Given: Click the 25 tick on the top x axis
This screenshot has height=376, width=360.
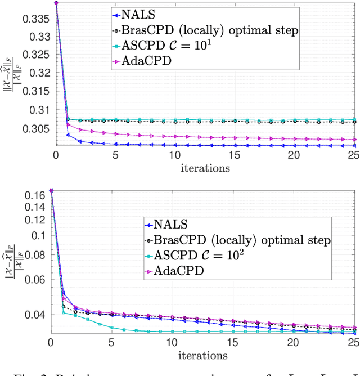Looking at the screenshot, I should (352, 156).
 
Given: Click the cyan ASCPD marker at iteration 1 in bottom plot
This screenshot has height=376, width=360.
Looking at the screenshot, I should (63, 312).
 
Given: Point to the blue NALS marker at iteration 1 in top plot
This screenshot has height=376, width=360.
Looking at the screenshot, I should (67, 135).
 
